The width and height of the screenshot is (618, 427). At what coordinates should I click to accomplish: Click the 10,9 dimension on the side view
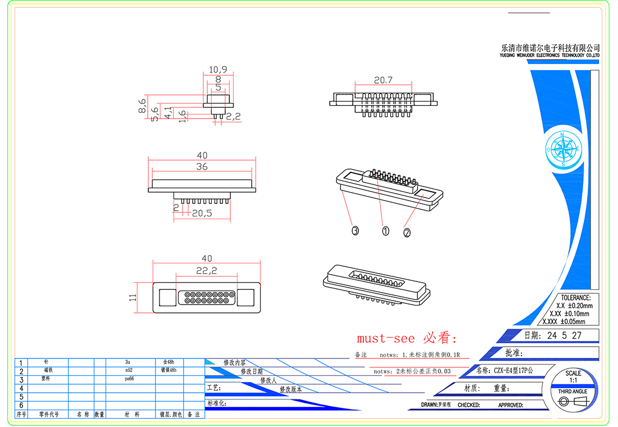click(218, 70)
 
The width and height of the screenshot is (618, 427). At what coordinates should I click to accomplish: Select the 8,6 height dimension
click(142, 106)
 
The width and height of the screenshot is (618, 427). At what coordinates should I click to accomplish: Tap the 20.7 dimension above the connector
click(383, 80)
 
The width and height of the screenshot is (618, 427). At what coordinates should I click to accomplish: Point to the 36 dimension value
click(202, 166)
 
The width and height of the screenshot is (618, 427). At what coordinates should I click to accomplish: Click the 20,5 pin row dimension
click(202, 213)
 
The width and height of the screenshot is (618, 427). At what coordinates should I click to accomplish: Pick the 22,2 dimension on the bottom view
click(207, 271)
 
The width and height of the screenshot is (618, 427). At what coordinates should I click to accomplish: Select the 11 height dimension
click(133, 297)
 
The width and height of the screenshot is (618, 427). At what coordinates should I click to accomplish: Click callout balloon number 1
click(385, 230)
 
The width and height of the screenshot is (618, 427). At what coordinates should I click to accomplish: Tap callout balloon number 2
click(407, 232)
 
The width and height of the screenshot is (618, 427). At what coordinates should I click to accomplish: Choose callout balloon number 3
click(355, 230)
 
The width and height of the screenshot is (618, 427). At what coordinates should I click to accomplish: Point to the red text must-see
click(385, 338)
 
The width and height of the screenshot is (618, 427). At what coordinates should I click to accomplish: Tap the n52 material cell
click(129, 371)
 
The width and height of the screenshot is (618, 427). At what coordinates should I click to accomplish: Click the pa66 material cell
click(129, 379)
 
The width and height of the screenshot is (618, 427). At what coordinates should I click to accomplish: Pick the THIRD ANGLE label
click(572, 391)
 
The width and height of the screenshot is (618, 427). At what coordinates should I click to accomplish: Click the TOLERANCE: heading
click(572, 298)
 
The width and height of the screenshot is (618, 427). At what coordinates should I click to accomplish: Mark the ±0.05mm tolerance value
click(572, 322)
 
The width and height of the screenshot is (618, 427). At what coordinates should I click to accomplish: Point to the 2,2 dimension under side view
click(233, 116)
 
